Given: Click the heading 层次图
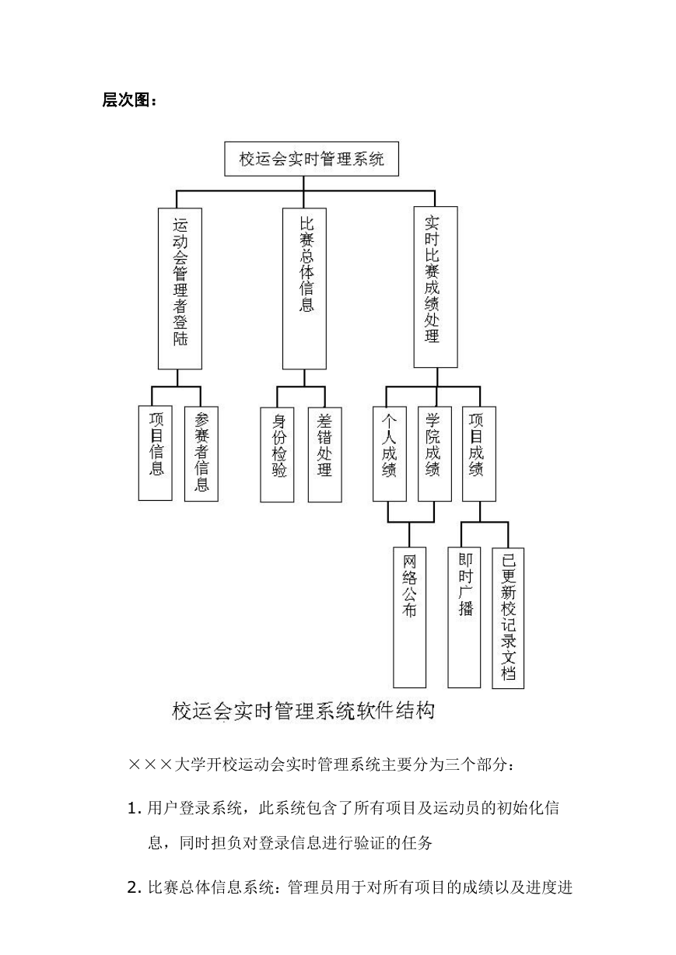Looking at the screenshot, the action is click(129, 100).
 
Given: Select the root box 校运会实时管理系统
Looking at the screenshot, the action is click(311, 159).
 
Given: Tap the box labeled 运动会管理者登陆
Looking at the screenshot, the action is click(180, 289).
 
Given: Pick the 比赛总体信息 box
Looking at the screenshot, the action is click(304, 289).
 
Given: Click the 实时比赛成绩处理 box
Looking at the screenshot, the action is click(436, 287).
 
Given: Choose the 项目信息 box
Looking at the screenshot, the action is click(156, 453).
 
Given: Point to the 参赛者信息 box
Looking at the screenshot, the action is click(201, 453).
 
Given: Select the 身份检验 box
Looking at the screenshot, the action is click(277, 454).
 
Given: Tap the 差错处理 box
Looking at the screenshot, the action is click(324, 454).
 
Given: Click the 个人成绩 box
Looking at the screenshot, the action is click(390, 453).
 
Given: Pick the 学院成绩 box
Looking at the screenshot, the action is click(434, 453).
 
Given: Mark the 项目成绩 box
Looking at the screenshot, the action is click(479, 453).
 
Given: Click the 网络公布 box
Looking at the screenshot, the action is click(409, 617).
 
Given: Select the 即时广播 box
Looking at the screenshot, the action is click(464, 617).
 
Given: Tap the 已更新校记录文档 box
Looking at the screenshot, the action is click(508, 618).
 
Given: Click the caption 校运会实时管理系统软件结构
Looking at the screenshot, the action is click(303, 711).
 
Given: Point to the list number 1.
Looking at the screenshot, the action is click(134, 808).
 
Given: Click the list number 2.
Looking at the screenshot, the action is click(134, 887).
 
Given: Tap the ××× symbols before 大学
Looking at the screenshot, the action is click(150, 764).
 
